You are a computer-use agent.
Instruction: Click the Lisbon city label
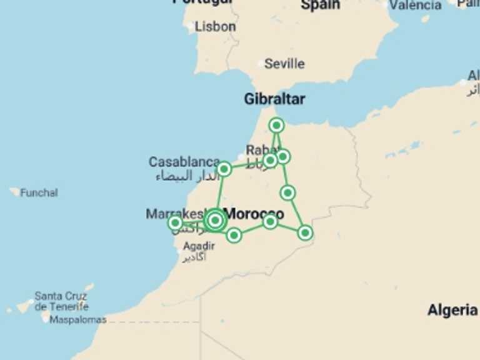(x=215, y=27)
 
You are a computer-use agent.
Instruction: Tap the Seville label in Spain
(x=284, y=64)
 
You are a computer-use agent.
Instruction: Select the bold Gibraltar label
(x=274, y=99)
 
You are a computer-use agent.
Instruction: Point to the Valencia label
(x=415, y=5)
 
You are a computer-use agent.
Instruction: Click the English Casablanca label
(x=184, y=162)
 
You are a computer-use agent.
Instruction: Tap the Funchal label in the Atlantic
(x=39, y=192)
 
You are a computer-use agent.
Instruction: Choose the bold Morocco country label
(x=254, y=214)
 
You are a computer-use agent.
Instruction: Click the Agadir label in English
(x=199, y=246)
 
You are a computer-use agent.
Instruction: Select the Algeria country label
(x=452, y=310)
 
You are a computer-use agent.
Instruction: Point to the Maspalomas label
(x=77, y=319)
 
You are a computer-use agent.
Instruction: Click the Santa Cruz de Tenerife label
(x=61, y=301)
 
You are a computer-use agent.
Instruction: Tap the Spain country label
(x=321, y=5)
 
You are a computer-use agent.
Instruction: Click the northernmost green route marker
(x=277, y=126)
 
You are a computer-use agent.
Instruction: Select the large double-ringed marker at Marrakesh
(x=215, y=220)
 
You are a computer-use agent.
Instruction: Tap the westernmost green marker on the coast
(x=176, y=222)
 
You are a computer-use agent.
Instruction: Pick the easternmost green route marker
(x=305, y=232)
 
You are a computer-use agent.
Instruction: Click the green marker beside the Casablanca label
(x=224, y=169)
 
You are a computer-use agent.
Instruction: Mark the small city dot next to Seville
(x=261, y=64)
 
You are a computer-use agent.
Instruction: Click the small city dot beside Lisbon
(x=191, y=26)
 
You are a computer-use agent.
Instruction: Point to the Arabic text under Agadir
(x=194, y=257)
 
